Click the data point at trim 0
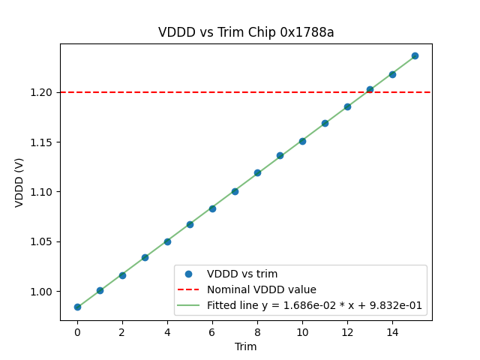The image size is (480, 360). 77,307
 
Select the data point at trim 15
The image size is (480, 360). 415,55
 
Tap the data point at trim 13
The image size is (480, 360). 370,89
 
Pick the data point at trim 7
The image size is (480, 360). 235,191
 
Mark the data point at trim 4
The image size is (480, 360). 167,241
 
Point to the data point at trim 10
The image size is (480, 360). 302,141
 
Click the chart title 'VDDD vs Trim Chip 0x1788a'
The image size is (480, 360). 246,32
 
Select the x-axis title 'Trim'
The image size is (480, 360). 246,346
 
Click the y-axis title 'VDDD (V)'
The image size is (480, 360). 19,182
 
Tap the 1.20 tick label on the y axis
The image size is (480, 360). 42,92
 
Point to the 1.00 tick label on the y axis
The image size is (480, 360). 42,292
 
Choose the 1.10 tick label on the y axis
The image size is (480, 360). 42,192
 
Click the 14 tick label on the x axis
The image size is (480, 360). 392,331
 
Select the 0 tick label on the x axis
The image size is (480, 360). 77,331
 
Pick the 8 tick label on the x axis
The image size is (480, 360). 257,331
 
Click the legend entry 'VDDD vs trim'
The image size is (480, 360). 241,274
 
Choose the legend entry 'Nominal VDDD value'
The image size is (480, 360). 261,289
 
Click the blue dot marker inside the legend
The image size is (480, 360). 188,274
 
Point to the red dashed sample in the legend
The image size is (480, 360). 188,289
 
